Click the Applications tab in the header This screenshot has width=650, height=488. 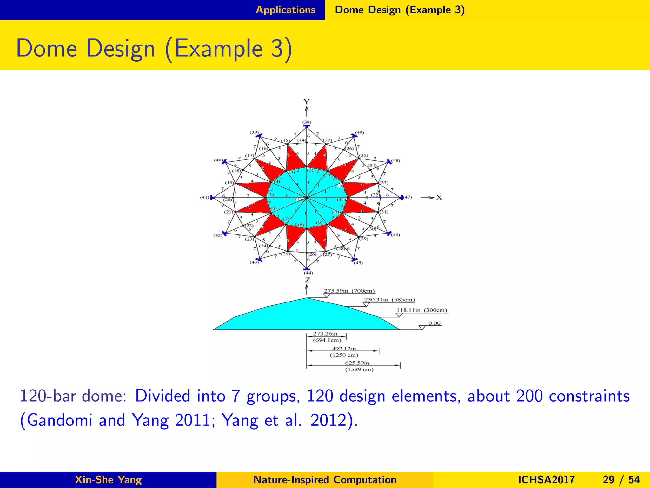pos(285,10)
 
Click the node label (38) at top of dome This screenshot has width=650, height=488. pos(307,122)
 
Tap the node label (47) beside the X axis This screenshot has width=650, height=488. pos(408,197)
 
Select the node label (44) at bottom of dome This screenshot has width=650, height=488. pos(308,273)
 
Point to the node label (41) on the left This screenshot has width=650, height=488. pos(204,197)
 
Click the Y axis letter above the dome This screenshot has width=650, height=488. pos(306,102)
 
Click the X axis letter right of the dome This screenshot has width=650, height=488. pos(439,198)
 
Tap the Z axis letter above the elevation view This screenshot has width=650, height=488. pos(308,280)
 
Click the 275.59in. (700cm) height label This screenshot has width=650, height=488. pos(349,291)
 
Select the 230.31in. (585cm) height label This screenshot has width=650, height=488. pos(389,300)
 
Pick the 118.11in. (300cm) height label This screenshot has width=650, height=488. pos(422,310)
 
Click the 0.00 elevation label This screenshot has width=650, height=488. pos(434,323)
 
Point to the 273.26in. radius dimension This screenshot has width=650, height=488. pos(326,334)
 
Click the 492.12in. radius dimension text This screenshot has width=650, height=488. pos(344,349)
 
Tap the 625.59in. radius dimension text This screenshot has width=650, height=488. pos(358,363)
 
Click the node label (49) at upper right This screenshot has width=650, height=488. pos(359,133)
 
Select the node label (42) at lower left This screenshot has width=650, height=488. pos(218,236)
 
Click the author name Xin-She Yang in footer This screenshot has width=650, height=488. pos(108,480)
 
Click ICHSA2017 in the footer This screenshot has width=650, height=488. pos(546,480)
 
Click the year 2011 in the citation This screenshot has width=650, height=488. pos(193,420)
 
